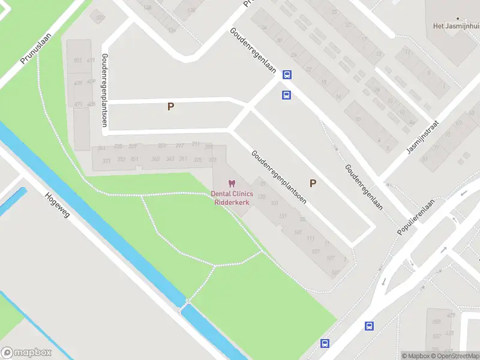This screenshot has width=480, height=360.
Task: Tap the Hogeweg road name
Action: [x=58, y=205]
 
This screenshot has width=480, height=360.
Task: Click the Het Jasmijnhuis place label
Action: [x=455, y=26]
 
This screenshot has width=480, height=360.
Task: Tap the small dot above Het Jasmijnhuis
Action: [x=457, y=18]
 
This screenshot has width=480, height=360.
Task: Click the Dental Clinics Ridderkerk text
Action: [x=232, y=197]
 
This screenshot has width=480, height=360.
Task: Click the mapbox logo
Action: [x=26, y=353]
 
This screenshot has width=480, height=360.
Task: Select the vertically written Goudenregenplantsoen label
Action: [x=104, y=90]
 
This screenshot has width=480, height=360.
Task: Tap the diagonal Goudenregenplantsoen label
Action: [x=279, y=177]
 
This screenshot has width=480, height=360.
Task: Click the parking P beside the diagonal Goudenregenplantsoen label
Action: [x=313, y=183]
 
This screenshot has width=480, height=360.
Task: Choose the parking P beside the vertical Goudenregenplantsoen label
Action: [x=170, y=106]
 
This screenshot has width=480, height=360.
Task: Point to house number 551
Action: [x=77, y=61]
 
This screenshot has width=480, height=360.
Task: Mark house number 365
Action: [x=155, y=158]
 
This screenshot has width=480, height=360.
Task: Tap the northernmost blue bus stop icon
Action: [x=287, y=75]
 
